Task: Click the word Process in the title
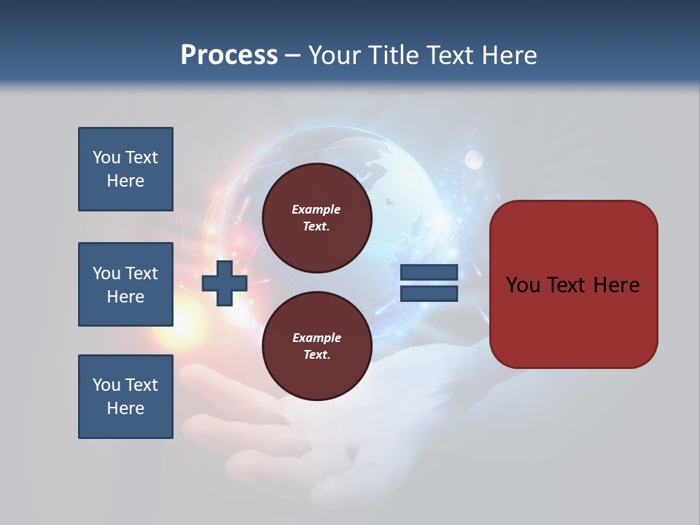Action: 229,55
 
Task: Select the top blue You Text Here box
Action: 125,169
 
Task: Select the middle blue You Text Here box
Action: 125,284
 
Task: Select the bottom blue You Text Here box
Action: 125,397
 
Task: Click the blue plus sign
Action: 225,283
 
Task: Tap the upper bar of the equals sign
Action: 429,272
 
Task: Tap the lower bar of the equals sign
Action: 429,294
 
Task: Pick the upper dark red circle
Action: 317,218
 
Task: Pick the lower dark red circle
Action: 317,346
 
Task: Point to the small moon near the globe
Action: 474,158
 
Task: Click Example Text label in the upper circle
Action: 316,218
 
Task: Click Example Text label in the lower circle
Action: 316,346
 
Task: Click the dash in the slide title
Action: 293,55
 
